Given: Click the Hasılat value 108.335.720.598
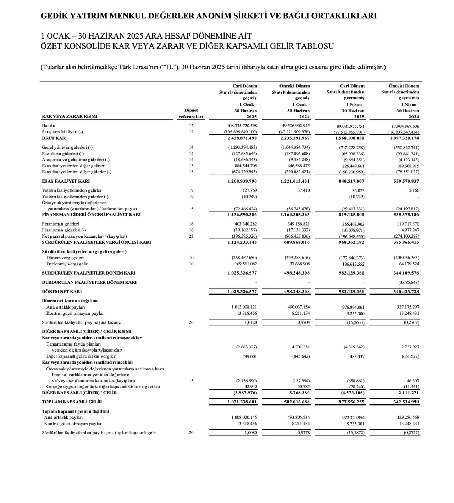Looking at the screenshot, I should pos(242,126).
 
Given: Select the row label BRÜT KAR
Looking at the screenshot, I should pos(54,138).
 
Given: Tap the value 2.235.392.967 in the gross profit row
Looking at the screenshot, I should pos(294,138).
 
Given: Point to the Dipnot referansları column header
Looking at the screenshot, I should pos(191,114).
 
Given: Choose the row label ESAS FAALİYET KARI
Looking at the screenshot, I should pos(66,181).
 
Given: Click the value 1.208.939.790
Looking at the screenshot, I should pos(242,181).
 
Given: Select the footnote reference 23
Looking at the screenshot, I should pos(191,236).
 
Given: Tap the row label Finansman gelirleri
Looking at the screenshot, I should pos(60,224).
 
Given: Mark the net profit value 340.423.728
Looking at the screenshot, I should pos(405,292).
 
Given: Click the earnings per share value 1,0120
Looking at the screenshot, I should pos(251,322).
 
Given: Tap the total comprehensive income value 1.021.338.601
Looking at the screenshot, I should pos(242,402).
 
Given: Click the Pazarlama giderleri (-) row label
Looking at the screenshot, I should pos(63,154).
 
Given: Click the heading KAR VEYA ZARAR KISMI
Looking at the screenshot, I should pos(70,116).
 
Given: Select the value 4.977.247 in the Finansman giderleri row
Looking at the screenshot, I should pos(410,230).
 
